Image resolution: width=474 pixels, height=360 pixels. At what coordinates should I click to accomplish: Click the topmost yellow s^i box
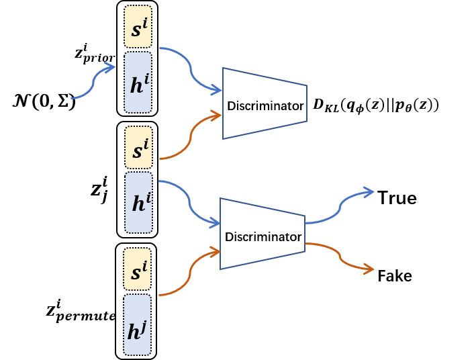tap(138, 27)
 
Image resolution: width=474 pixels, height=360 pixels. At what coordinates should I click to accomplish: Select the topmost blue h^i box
tap(138, 82)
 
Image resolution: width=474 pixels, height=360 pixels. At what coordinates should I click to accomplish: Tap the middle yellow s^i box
tap(138, 147)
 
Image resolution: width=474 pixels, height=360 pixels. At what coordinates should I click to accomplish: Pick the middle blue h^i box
tap(138, 202)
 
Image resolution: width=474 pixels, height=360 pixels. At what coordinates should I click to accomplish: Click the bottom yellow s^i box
tap(137, 269)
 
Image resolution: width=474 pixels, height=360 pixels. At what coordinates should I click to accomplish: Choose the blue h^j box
tap(137, 324)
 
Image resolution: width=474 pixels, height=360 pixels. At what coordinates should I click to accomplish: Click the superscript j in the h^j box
tap(144, 325)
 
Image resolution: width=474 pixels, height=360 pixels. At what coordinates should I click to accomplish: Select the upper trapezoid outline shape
tap(265, 103)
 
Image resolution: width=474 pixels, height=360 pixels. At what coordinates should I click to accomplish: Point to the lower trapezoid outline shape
tap(262, 234)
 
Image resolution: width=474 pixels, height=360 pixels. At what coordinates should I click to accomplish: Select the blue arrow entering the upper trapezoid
tap(191, 69)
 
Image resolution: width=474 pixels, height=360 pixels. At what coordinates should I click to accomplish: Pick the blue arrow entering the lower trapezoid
tap(189, 202)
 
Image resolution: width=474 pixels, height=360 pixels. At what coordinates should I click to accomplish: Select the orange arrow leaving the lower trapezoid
tap(340, 256)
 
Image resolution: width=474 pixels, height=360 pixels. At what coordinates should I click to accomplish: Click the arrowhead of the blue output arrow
tap(369, 192)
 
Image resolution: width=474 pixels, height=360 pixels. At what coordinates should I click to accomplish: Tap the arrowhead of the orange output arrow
tap(369, 269)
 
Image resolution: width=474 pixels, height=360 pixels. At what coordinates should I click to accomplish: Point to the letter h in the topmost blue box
tap(136, 86)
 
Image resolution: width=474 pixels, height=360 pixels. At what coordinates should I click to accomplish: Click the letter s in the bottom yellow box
tap(136, 273)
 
